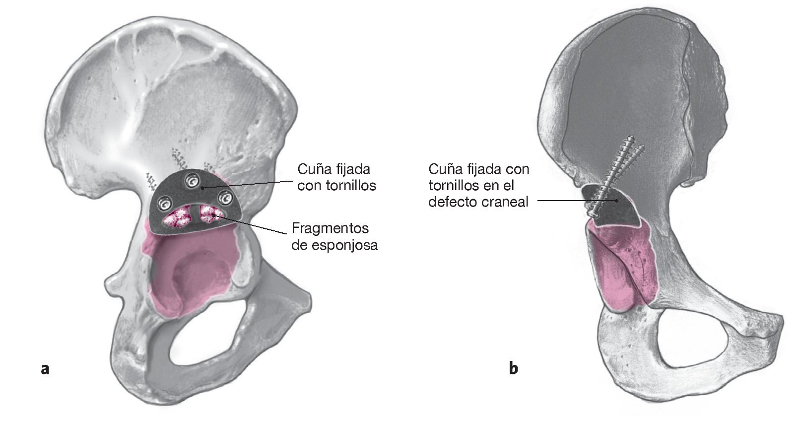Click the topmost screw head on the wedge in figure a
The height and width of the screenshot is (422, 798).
[x=190, y=182]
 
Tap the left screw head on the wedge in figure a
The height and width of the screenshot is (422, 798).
[x=164, y=203]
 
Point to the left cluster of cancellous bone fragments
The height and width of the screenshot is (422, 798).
[x=177, y=217]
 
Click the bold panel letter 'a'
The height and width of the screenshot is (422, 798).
[x=45, y=369]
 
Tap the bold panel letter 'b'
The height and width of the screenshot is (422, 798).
[x=514, y=368]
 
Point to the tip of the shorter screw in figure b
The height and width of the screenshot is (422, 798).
[x=644, y=147]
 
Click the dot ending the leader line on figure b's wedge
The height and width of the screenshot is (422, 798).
[x=616, y=201]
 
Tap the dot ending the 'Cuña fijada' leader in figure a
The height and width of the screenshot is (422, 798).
[x=202, y=188]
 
